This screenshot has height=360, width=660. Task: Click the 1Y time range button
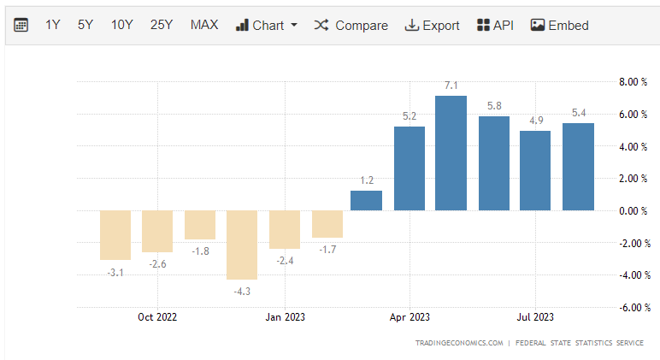53,25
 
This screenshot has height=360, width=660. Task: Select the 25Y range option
162,25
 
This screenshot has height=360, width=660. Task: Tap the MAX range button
204,25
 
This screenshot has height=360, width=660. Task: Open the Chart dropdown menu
266,25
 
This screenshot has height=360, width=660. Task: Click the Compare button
351,25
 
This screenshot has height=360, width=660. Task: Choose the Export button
432,25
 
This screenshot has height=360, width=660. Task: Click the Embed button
560,25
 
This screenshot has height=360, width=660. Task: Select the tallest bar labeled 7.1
451,153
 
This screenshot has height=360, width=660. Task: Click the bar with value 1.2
367,201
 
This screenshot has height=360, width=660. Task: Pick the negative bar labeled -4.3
242,245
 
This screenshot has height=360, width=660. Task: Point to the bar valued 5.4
578,167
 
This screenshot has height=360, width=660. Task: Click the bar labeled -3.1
115,235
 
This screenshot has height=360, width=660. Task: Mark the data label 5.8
493,106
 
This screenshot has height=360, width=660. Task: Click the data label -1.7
327,249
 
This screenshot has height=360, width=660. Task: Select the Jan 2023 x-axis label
285,317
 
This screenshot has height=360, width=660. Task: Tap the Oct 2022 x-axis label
157,317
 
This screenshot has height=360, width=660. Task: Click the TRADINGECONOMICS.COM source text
459,343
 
